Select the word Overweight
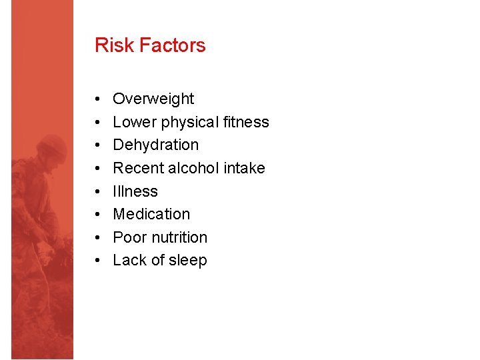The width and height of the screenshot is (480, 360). pyautogui.click(x=153, y=99)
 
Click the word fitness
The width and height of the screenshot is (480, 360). pyautogui.click(x=247, y=122)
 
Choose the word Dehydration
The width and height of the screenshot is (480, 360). pyautogui.click(x=155, y=145)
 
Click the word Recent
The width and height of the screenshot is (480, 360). pyautogui.click(x=138, y=168)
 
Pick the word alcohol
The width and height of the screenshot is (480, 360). pyautogui.click(x=193, y=168)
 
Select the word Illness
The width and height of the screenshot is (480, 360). pyautogui.click(x=135, y=191)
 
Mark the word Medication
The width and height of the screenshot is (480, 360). pyautogui.click(x=151, y=214)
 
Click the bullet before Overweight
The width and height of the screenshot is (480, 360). pyautogui.click(x=98, y=99)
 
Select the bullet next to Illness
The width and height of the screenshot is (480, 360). pyautogui.click(x=98, y=192)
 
